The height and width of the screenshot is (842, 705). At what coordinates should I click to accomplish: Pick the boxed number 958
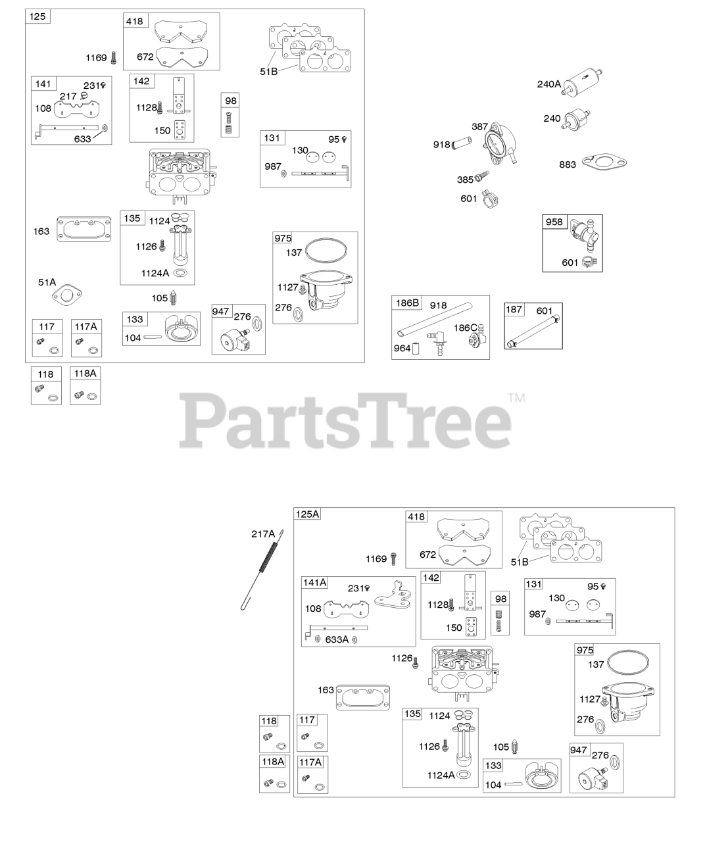click(554, 222)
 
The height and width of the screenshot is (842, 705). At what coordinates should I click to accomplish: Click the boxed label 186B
click(406, 303)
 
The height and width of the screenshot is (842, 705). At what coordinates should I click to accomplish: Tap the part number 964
click(402, 348)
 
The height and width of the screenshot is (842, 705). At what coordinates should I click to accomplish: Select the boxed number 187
click(514, 309)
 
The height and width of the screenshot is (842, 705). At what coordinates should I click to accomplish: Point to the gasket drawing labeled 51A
click(70, 293)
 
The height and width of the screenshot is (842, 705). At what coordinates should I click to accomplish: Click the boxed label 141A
click(314, 582)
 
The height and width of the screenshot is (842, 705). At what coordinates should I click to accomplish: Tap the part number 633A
click(337, 639)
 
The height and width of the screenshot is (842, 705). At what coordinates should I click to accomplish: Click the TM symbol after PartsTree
click(516, 397)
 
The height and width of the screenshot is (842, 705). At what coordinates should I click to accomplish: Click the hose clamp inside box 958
click(588, 263)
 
